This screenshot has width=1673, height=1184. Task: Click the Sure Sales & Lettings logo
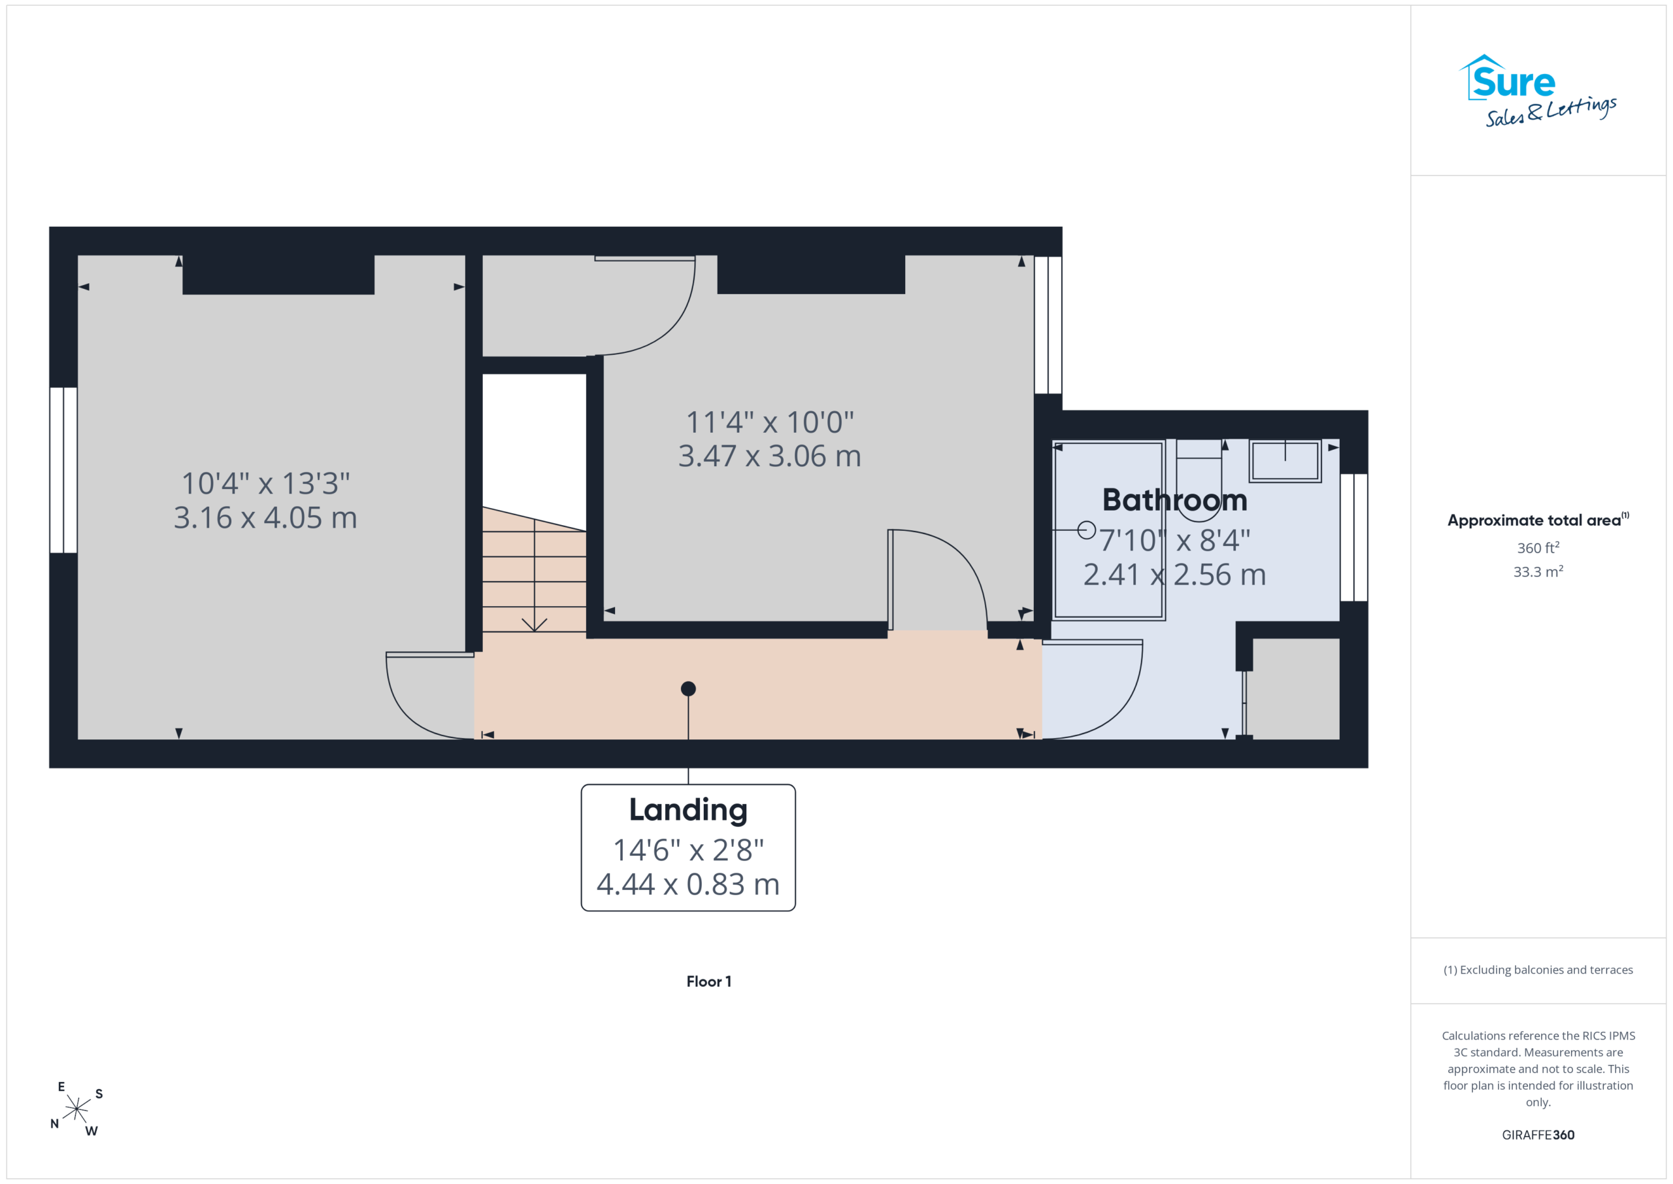point(1538,91)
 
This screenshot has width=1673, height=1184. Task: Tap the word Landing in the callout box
point(688,811)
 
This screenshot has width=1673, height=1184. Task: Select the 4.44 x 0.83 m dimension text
point(688,885)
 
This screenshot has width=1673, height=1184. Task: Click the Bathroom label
point(1174,500)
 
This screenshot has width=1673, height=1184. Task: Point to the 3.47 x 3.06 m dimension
point(769,456)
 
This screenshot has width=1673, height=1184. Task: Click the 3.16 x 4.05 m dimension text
point(265,518)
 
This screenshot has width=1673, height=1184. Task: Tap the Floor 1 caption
point(708,981)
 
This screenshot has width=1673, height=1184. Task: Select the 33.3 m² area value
point(1538,571)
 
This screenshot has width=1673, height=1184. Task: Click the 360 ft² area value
point(1538,547)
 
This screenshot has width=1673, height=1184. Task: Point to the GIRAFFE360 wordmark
point(1538,1135)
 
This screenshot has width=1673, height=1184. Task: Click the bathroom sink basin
point(1285,461)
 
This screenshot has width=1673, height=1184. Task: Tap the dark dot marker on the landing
point(688,689)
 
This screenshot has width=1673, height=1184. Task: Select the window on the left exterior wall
point(63,470)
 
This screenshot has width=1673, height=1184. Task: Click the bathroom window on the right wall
point(1354,537)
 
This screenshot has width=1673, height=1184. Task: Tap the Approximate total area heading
point(1538,520)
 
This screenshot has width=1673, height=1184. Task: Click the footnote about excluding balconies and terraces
point(1538,970)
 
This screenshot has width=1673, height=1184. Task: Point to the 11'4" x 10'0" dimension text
point(769,422)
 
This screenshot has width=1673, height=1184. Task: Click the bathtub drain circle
point(1086,530)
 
